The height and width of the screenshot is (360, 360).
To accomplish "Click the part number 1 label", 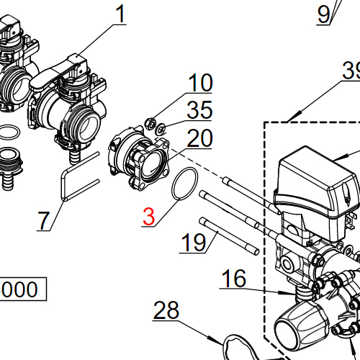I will click(120, 13).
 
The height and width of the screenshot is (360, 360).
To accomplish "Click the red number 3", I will click(148, 216).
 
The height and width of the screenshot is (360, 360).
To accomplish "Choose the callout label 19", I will click(193, 242).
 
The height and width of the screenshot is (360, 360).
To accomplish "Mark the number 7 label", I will click(45, 220).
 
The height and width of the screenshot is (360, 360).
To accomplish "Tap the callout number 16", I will click(233, 278).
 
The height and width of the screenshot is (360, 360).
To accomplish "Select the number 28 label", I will click(166, 311).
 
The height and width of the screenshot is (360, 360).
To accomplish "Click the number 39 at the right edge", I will click(351, 71).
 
